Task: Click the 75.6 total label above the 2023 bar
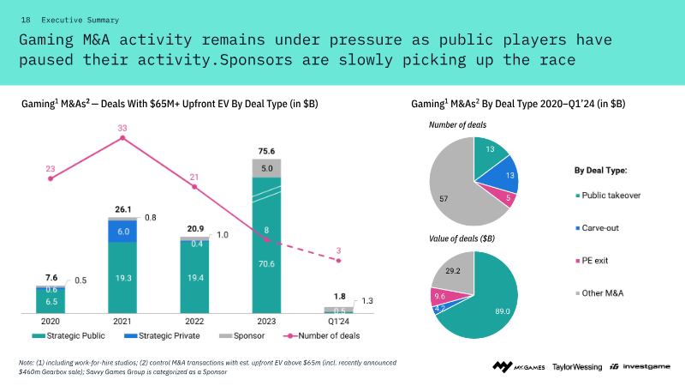(x=267, y=151)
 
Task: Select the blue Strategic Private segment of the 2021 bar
(x=122, y=232)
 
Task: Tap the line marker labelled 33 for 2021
(x=122, y=138)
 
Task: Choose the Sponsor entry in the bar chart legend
(x=225, y=335)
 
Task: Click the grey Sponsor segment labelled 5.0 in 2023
(x=267, y=168)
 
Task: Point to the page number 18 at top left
(x=26, y=19)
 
